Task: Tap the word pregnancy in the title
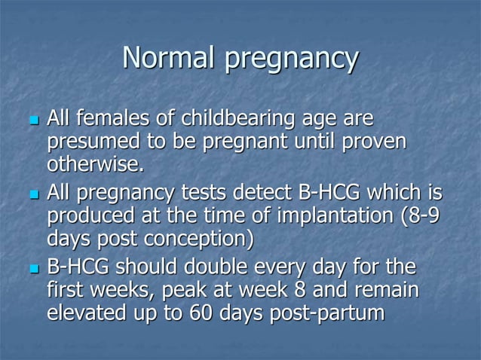290,60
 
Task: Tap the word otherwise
93,163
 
